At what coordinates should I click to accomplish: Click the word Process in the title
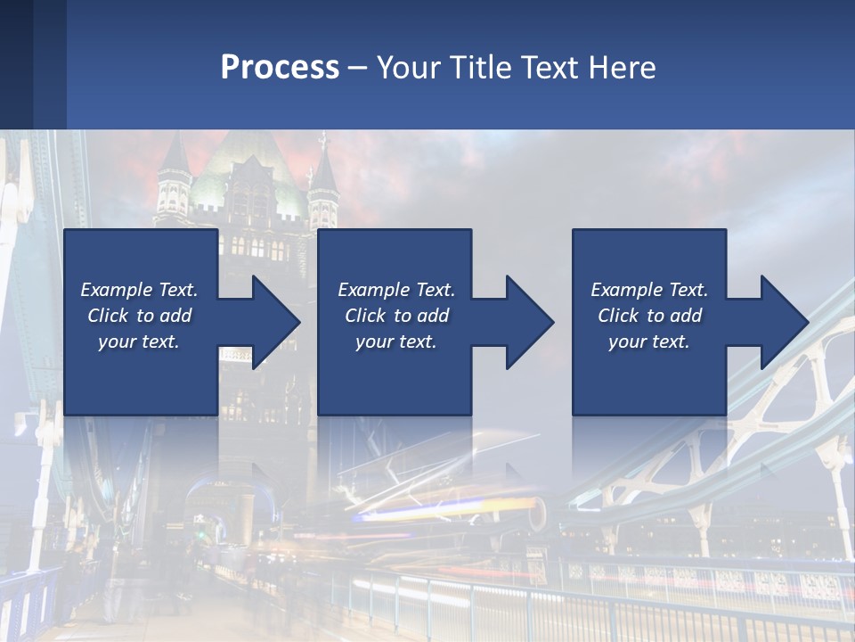click(280, 68)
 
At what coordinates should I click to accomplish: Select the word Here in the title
click(623, 68)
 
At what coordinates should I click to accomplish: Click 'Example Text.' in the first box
click(139, 290)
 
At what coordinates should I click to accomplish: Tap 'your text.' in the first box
click(139, 342)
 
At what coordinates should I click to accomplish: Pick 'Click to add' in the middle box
click(396, 316)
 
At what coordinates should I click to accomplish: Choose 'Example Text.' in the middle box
click(396, 290)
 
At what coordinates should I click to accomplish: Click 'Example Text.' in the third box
click(649, 290)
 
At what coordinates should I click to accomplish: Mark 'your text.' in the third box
click(649, 342)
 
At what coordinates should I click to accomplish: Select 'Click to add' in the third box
click(649, 316)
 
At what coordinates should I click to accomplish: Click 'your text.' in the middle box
click(396, 342)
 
